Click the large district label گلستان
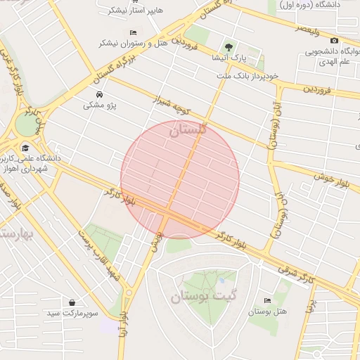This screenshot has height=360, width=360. [188, 129]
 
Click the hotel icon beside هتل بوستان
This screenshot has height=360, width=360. [266, 300]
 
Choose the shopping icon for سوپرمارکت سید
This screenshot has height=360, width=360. [72, 302]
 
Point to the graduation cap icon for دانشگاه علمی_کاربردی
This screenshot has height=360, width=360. [26, 148]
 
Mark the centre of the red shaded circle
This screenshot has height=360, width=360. [180, 180]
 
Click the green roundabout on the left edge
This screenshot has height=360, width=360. [26, 125]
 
